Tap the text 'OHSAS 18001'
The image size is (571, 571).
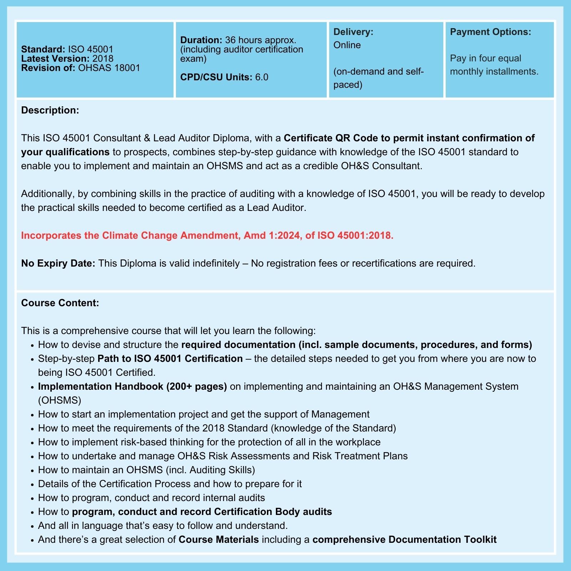(109, 68)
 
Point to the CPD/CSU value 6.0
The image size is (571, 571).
(262, 77)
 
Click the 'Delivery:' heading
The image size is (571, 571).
(353, 32)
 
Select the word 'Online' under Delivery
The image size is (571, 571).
(347, 45)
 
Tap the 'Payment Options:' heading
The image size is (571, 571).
(490, 32)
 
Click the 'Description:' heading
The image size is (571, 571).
(50, 110)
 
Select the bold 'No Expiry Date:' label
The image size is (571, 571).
(58, 263)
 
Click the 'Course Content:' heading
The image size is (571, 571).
(60, 303)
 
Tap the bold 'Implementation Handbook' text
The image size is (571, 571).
(101, 386)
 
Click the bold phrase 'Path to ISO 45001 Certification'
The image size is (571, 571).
(170, 359)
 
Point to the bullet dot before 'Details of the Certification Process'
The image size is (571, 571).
(32, 485)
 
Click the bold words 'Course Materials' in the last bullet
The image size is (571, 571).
(218, 540)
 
